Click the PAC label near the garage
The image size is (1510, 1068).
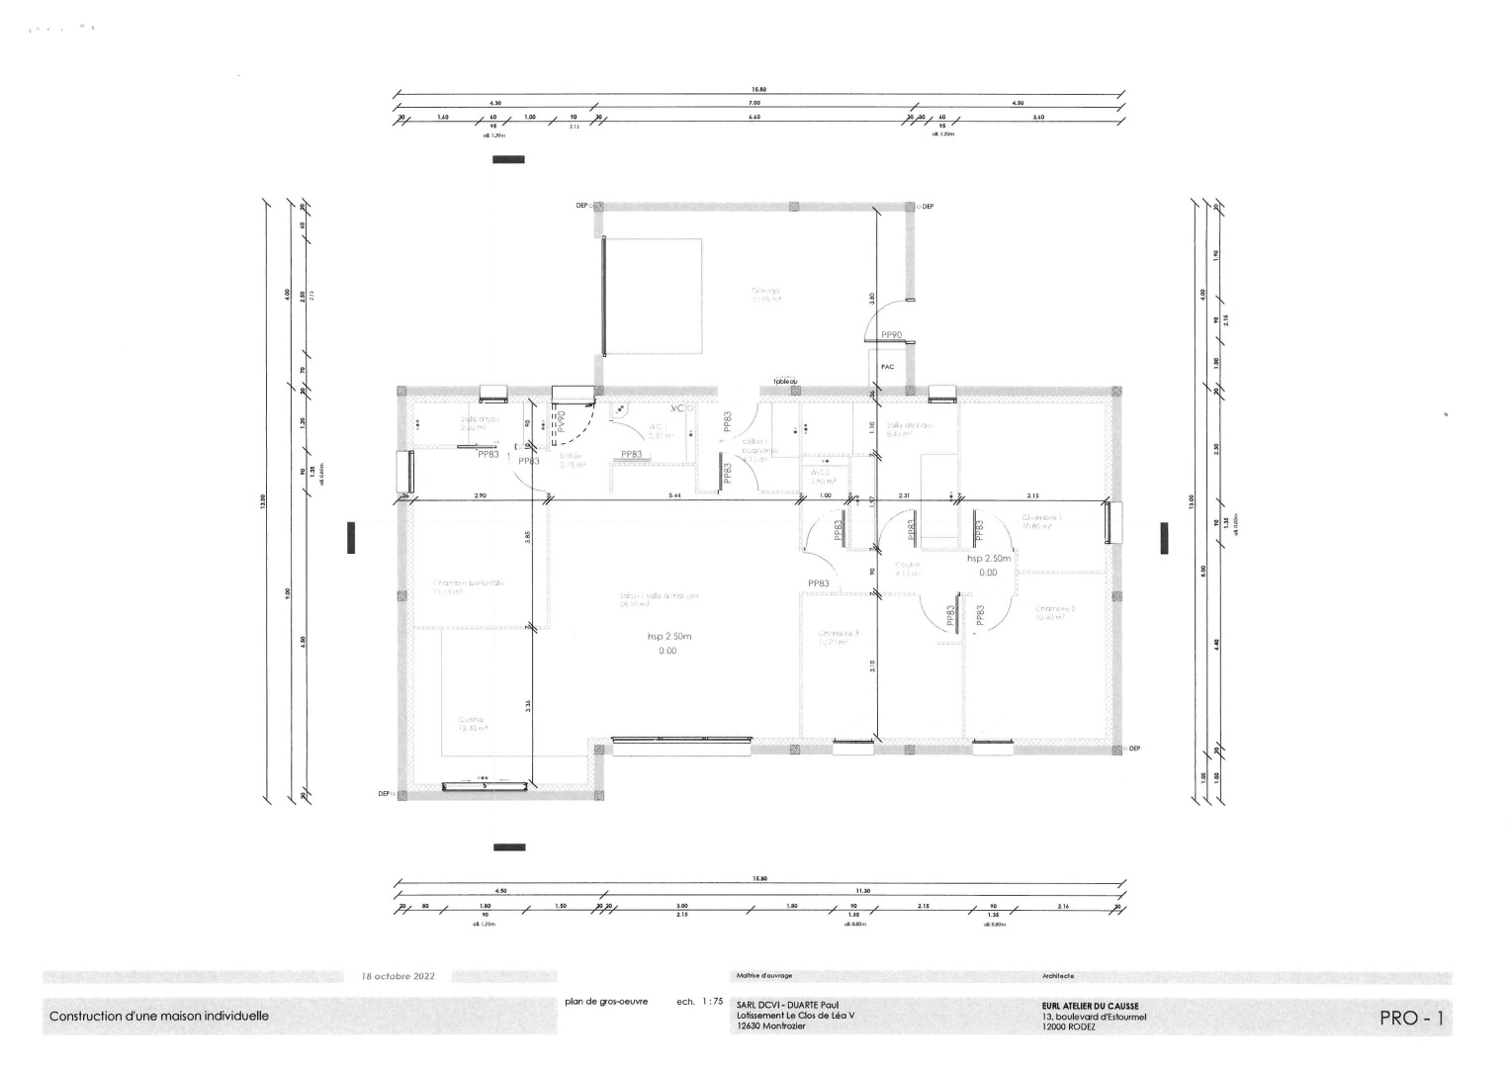pos(887,367)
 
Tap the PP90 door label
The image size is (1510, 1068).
pos(890,335)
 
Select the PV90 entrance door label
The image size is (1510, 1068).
pos(561,422)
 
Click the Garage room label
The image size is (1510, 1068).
pos(765,294)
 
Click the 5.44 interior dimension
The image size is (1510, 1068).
pos(673,494)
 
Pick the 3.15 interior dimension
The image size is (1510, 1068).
pos(1031,494)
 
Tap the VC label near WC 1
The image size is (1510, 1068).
pos(677,408)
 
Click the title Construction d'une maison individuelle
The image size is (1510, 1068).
pos(159,1016)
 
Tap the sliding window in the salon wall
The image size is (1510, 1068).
pos(675,739)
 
